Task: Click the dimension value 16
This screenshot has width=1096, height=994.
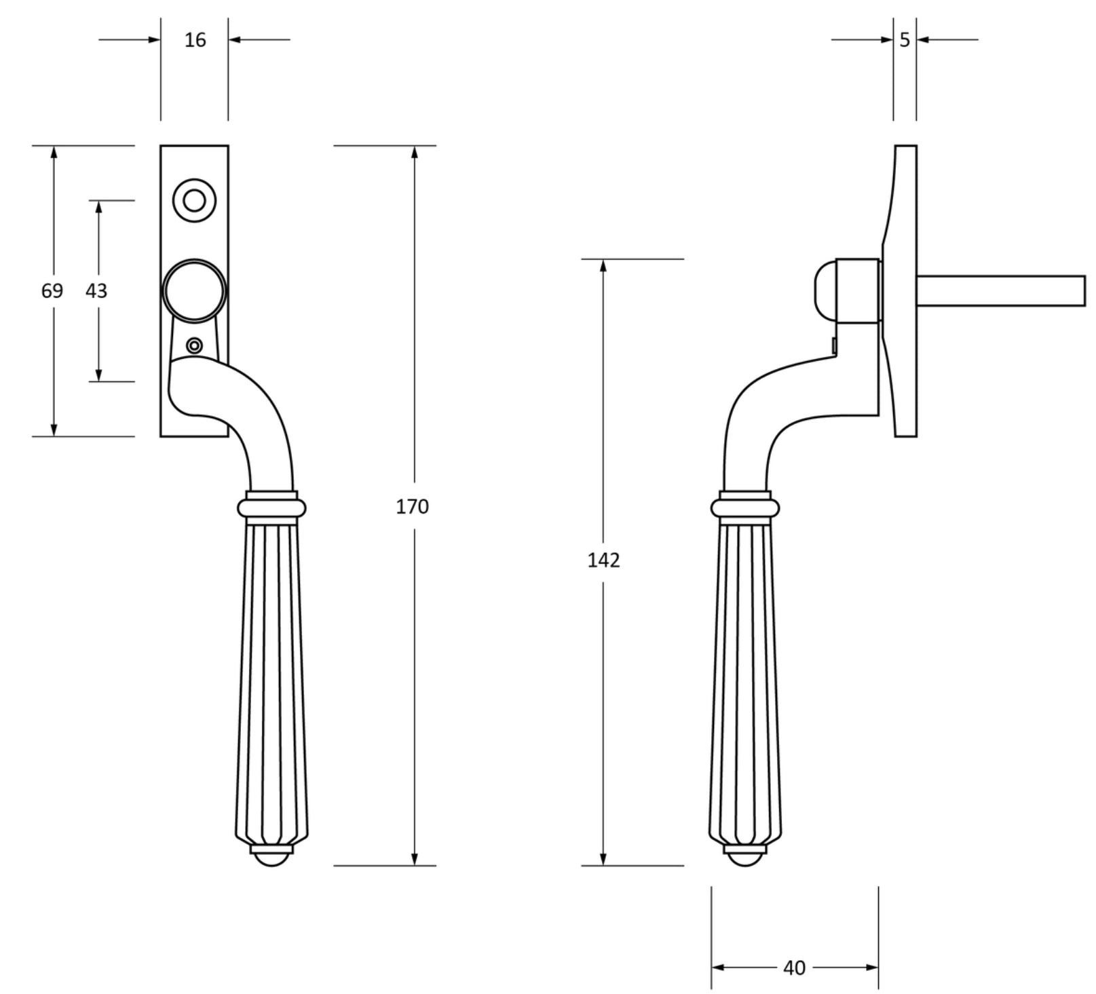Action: (x=195, y=41)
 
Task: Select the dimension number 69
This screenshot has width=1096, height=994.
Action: (x=52, y=290)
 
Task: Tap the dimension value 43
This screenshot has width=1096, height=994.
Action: (x=96, y=290)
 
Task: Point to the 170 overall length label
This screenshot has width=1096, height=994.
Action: (x=413, y=506)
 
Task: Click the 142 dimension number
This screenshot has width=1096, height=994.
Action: (x=603, y=560)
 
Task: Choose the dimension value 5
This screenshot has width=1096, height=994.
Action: (x=905, y=41)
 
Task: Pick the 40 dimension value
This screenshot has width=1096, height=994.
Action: (x=794, y=968)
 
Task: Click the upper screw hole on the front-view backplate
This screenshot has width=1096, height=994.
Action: (x=194, y=201)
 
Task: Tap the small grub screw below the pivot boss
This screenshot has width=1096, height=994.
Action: (x=194, y=346)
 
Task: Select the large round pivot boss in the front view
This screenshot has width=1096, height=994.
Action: (x=194, y=290)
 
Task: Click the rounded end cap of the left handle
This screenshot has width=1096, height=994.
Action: (x=271, y=859)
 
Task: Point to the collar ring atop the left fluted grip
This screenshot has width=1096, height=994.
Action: (x=271, y=508)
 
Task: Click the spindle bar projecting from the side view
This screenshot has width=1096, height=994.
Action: (x=1001, y=290)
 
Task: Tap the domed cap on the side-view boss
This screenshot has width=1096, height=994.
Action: (x=823, y=290)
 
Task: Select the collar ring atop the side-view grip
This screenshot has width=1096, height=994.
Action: (x=745, y=508)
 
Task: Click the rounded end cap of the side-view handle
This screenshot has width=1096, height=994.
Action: (x=745, y=859)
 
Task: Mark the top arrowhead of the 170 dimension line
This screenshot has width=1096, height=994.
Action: (x=415, y=152)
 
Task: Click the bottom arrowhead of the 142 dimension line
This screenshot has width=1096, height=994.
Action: (x=603, y=859)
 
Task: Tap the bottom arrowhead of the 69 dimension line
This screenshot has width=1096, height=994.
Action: (x=54, y=429)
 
